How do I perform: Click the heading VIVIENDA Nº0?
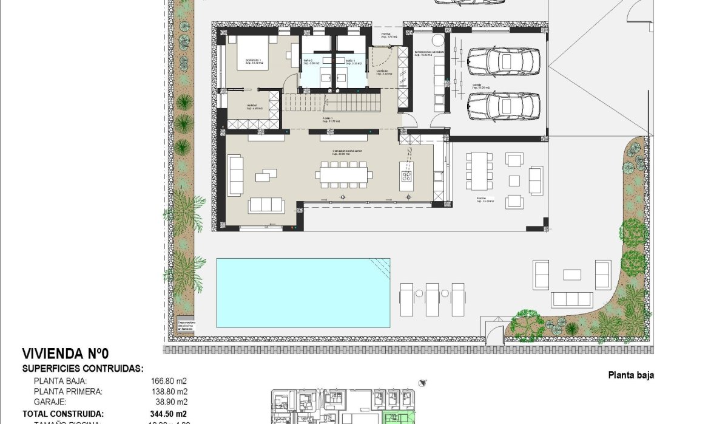(x=66, y=354)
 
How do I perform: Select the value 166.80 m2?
(x=169, y=381)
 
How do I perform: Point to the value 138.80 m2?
(x=169, y=392)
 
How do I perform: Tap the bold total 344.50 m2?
(x=169, y=413)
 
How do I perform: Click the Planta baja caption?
(x=631, y=375)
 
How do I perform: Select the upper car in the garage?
(x=504, y=60)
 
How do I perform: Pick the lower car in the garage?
(x=504, y=105)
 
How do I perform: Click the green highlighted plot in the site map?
(x=397, y=419)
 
